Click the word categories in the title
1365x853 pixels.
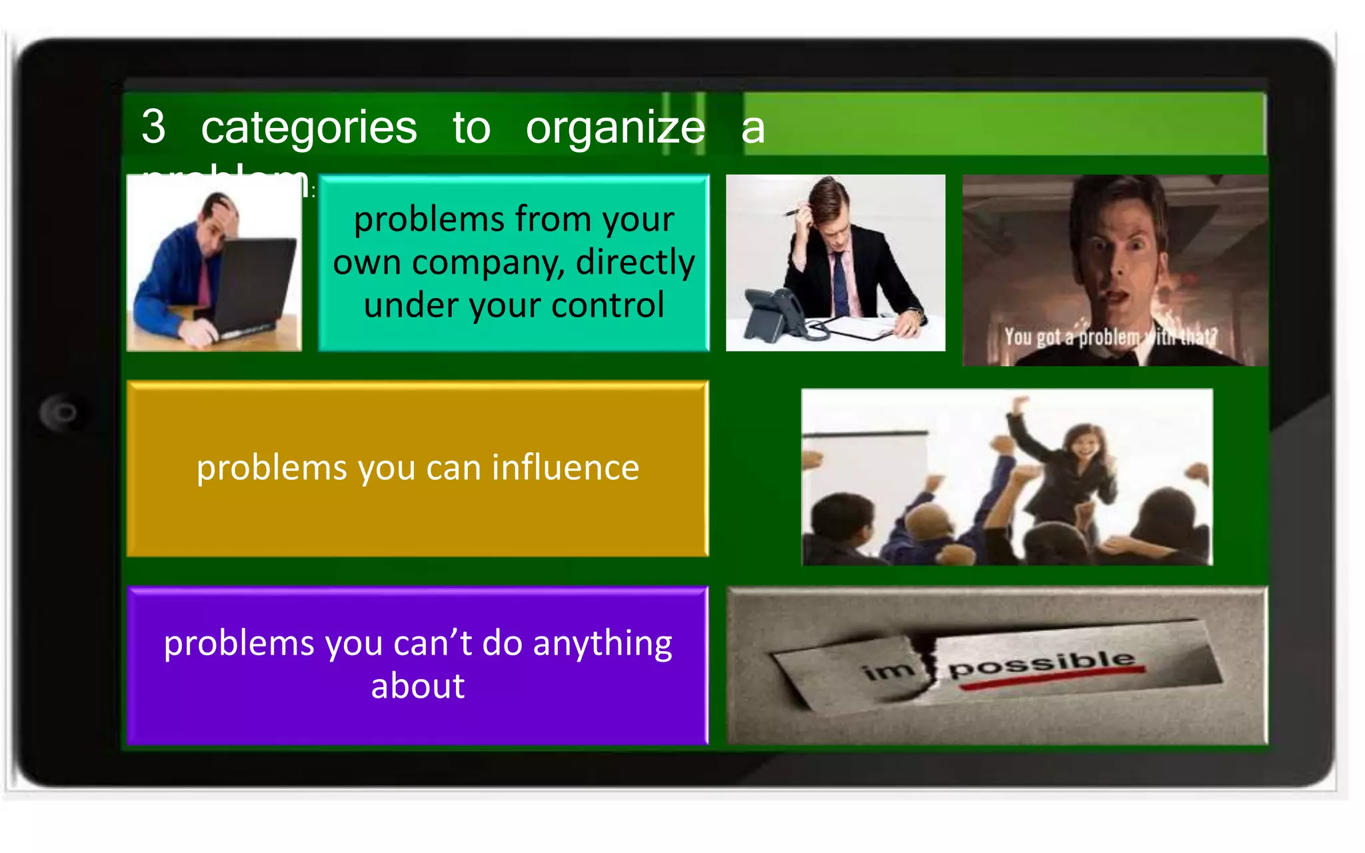pyautogui.click(x=309, y=127)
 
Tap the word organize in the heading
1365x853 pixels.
pyautogui.click(x=615, y=127)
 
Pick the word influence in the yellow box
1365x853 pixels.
pyautogui.click(x=565, y=467)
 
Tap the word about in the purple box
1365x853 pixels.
pyautogui.click(x=417, y=686)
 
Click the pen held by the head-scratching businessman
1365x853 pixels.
pyautogui.click(x=794, y=212)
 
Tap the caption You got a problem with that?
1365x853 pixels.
pyautogui.click(x=1110, y=337)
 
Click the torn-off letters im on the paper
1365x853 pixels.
pyautogui.click(x=887, y=670)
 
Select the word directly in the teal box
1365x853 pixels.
pyautogui.click(x=635, y=262)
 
